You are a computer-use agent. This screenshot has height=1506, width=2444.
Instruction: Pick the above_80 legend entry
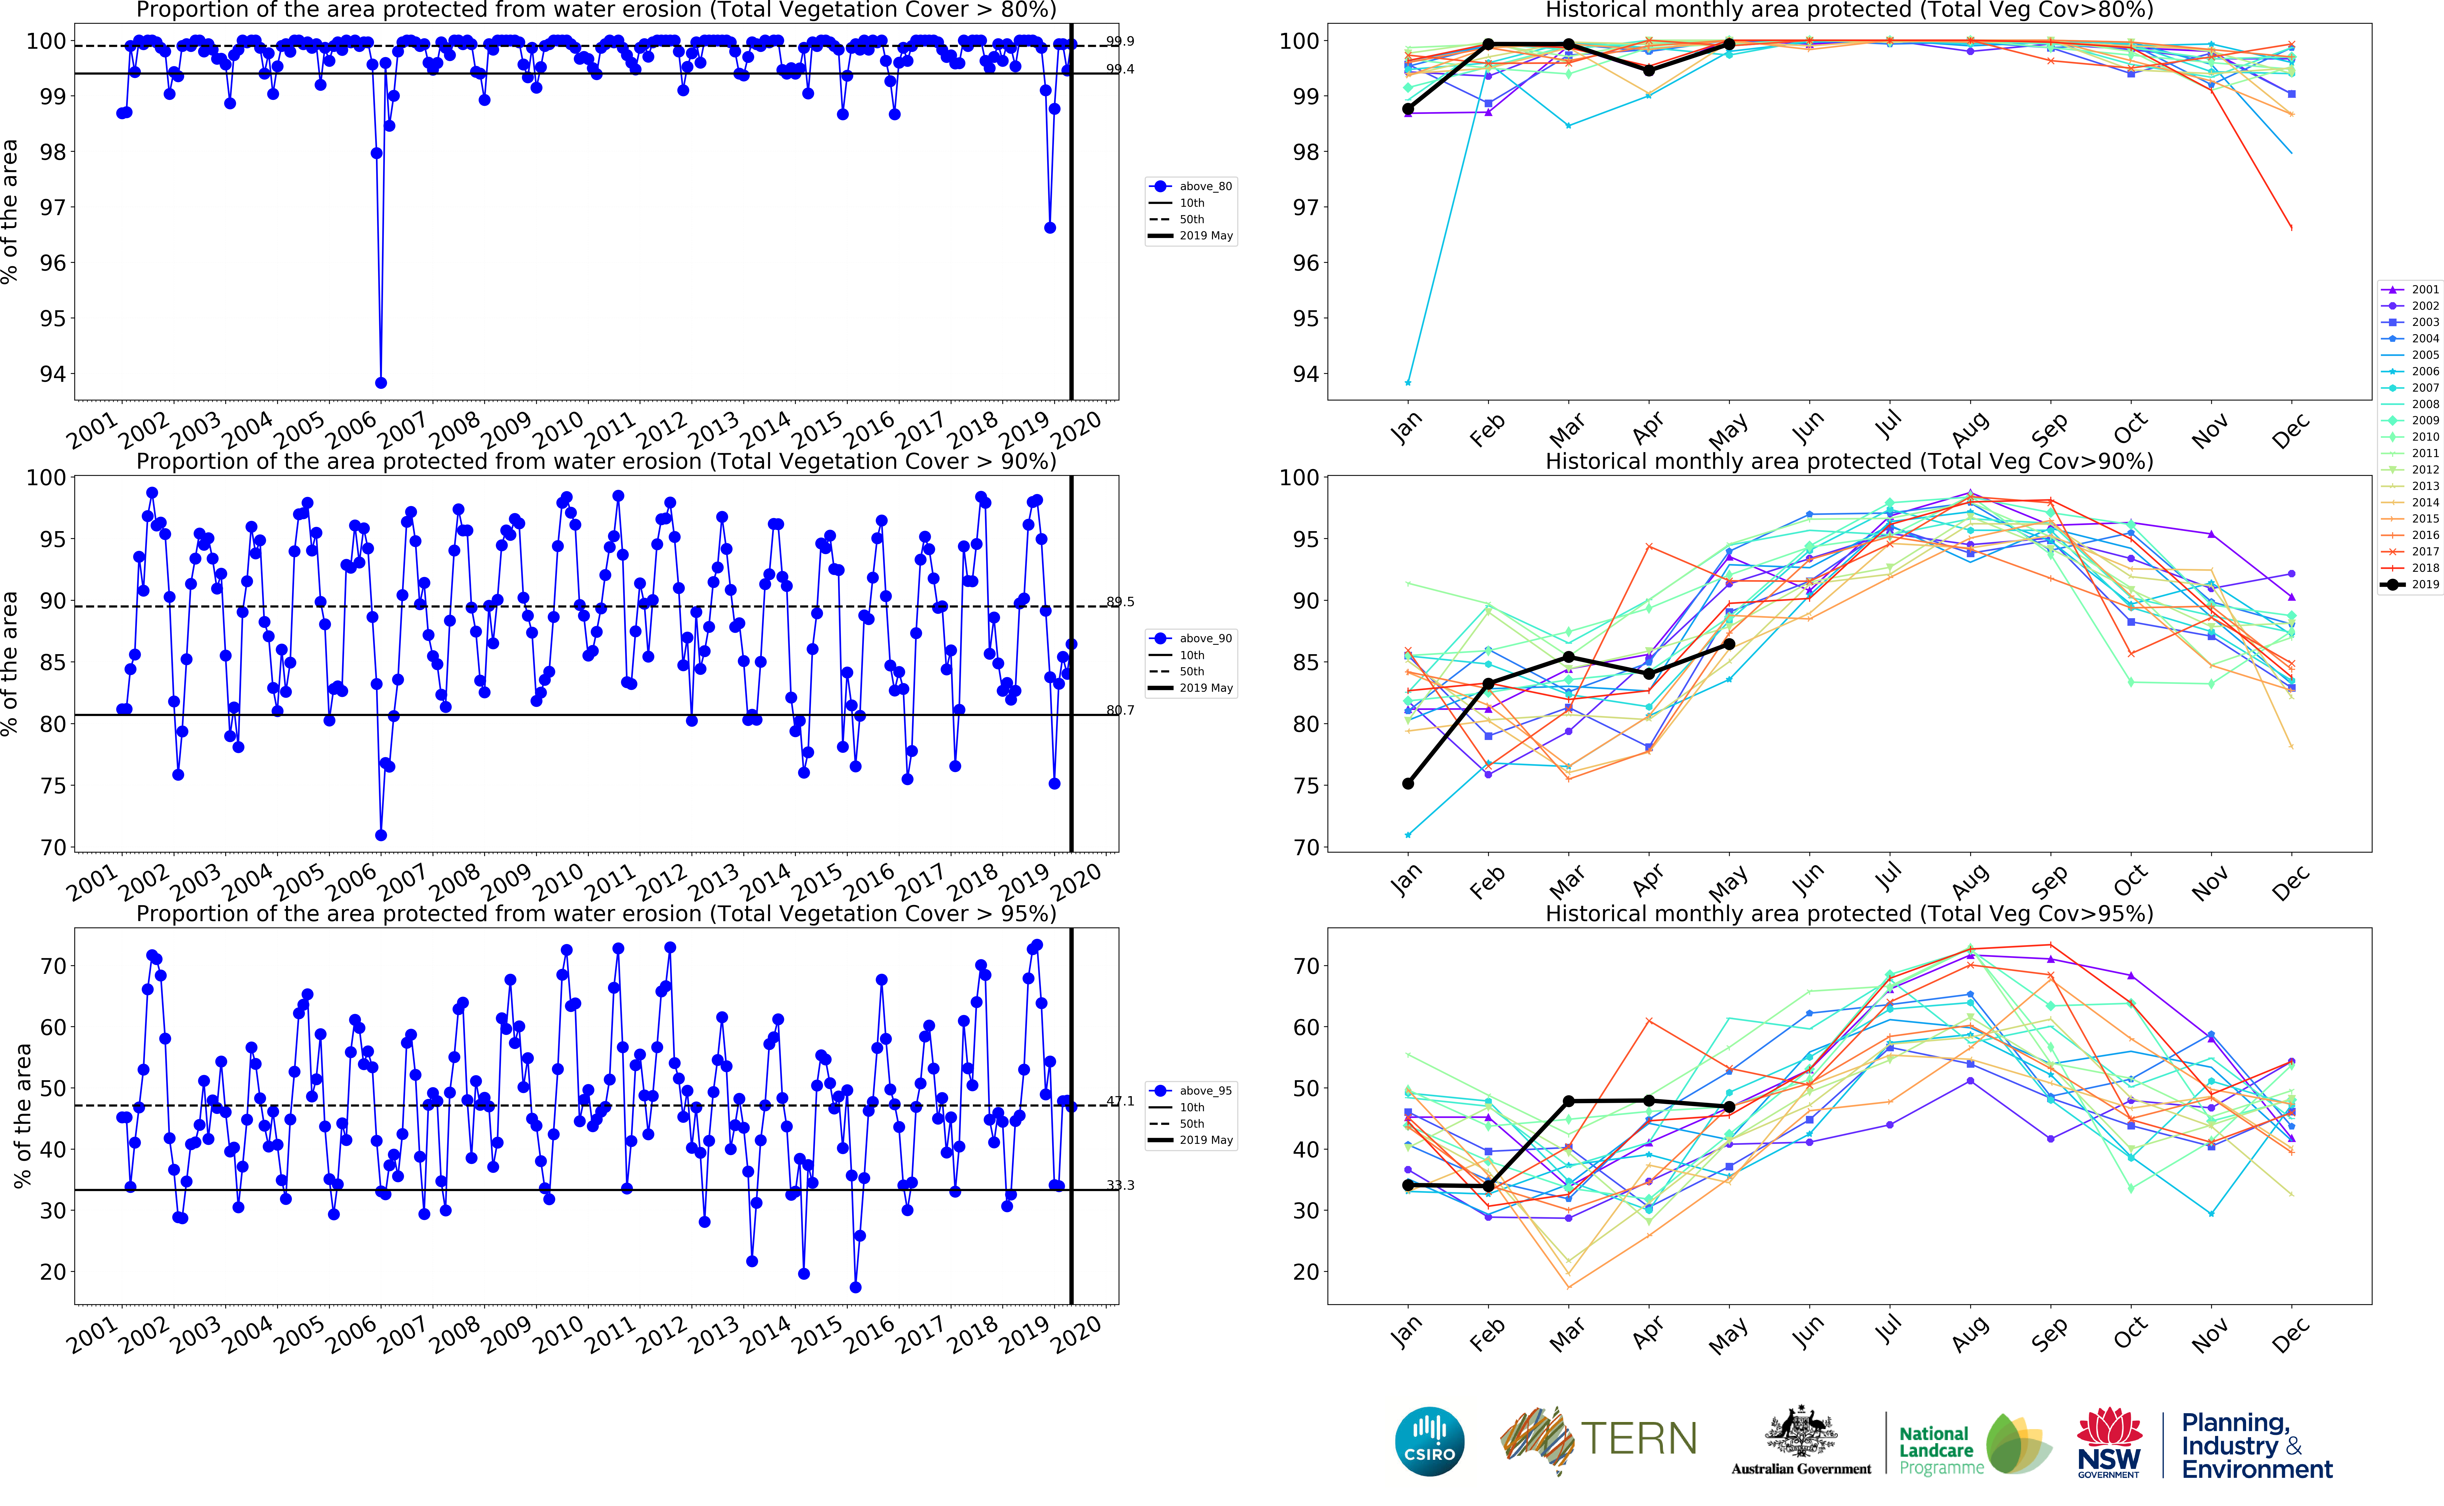[x=1193, y=186]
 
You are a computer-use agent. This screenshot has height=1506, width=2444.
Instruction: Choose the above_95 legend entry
[x=1193, y=1091]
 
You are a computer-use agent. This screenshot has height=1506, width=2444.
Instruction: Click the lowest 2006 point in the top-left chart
[x=380, y=382]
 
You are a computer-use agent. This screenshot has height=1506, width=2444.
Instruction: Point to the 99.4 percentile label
[x=1120, y=70]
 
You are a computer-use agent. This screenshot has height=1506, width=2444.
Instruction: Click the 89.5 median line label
[x=1120, y=602]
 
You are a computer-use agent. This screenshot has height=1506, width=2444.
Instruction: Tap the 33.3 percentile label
[x=1120, y=1185]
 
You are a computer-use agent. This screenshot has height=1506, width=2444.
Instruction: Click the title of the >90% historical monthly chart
[x=1848, y=461]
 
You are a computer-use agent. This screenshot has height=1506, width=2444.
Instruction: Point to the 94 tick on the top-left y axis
[x=52, y=374]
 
